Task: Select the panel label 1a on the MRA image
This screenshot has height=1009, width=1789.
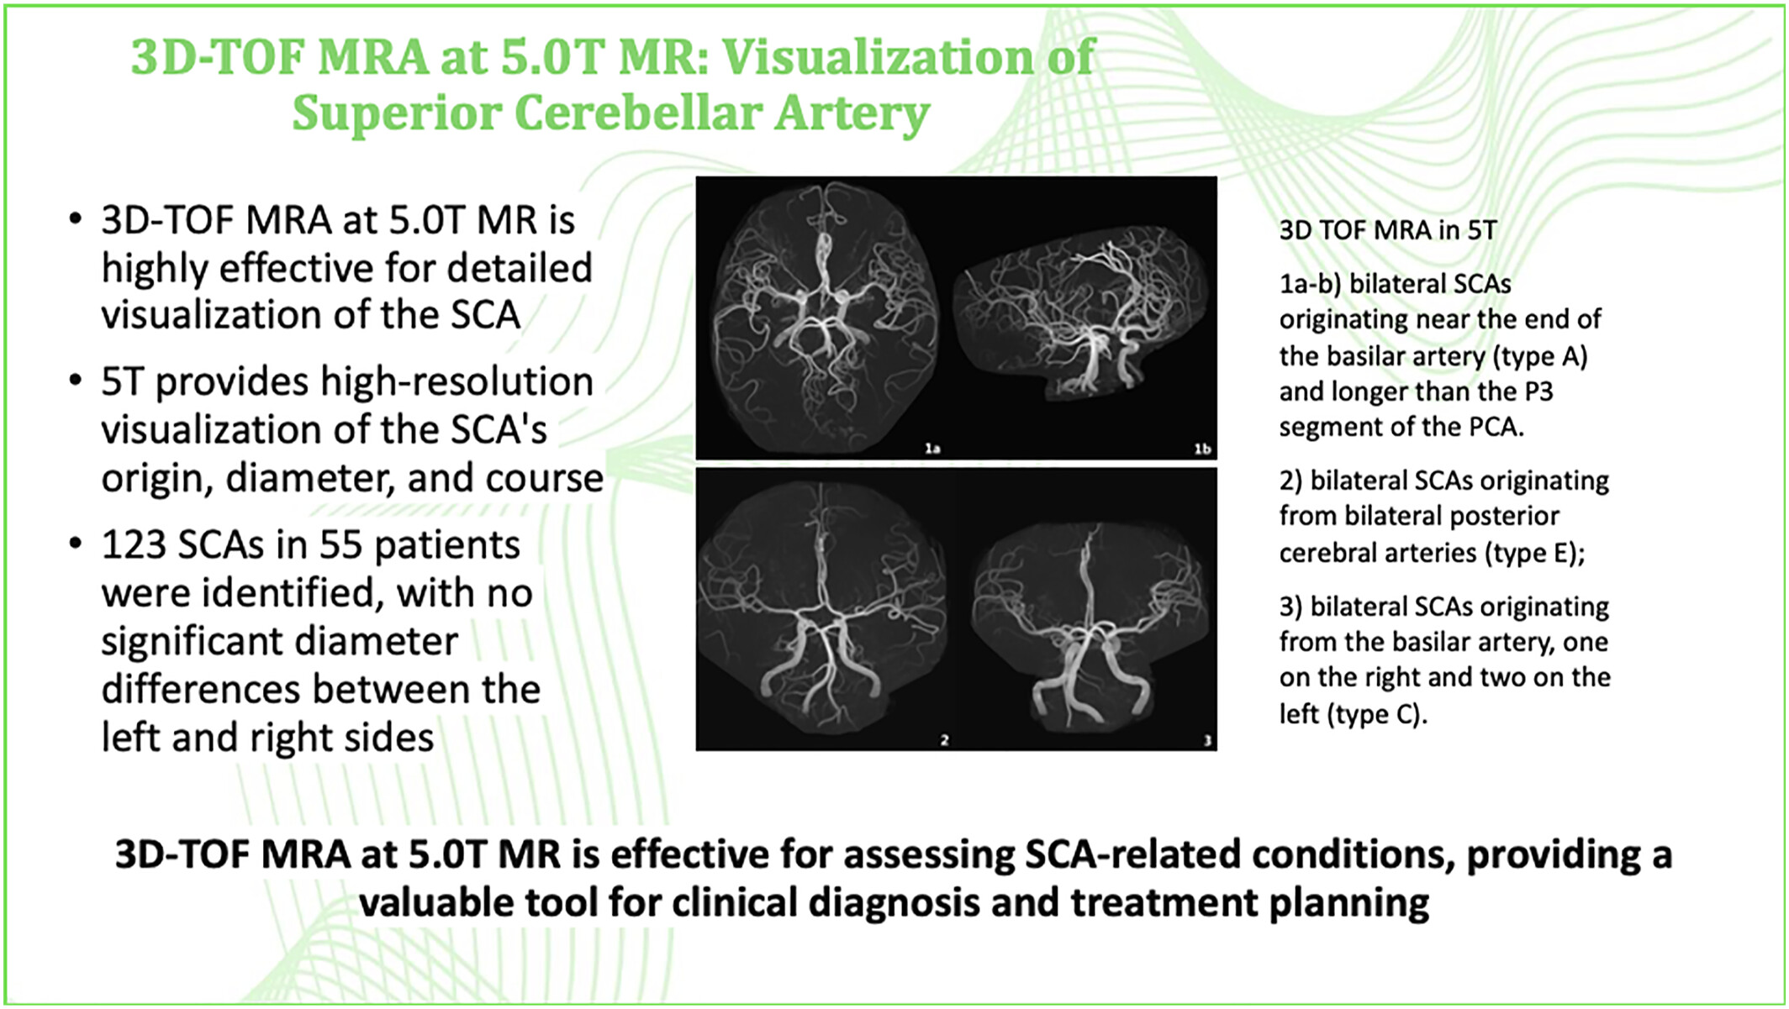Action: (932, 449)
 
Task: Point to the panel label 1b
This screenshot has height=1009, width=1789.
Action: (1203, 449)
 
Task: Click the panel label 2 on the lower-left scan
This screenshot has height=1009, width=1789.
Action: (944, 740)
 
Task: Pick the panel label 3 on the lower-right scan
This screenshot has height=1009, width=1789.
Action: (1207, 740)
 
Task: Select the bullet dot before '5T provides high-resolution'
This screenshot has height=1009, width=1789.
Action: (77, 381)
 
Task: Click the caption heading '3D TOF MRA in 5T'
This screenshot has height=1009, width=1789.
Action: (1388, 230)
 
